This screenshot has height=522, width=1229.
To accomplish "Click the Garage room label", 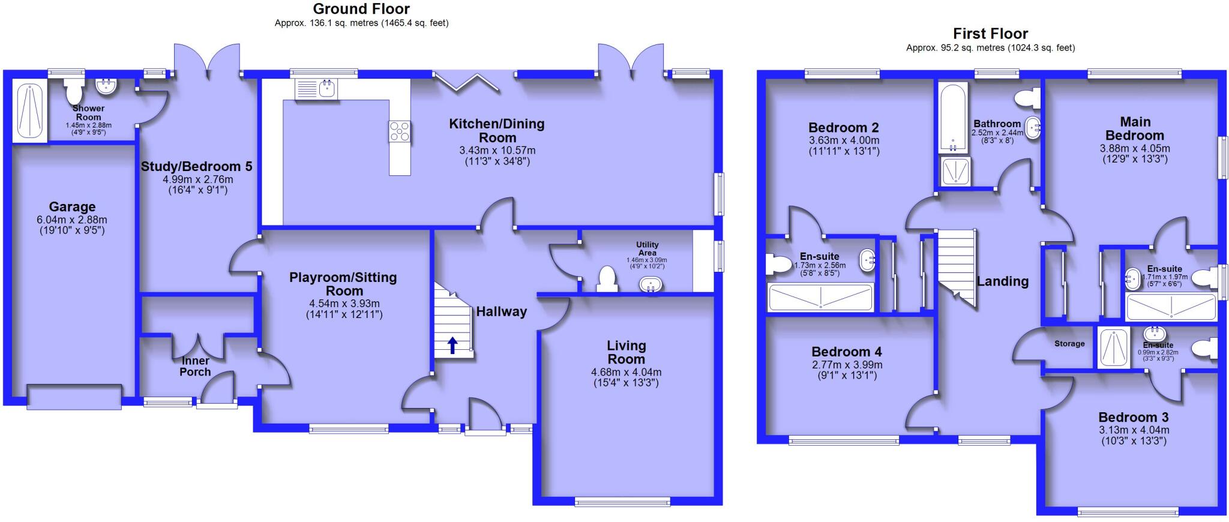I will [x=72, y=207].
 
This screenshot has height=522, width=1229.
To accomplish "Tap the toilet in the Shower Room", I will [x=74, y=91].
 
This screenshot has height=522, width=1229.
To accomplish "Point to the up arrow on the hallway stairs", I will [x=452, y=345].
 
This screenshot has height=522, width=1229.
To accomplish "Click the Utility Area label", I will [x=647, y=248].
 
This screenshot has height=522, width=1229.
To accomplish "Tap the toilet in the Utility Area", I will [x=607, y=280].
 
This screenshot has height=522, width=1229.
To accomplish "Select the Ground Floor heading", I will [x=361, y=9].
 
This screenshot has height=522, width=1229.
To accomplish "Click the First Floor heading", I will [x=990, y=34].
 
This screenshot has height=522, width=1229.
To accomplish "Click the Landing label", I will [x=1002, y=281].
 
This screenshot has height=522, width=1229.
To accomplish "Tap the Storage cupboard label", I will [x=1069, y=344].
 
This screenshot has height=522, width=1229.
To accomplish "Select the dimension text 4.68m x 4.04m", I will [x=626, y=372].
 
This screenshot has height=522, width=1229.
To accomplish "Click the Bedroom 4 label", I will [x=847, y=352].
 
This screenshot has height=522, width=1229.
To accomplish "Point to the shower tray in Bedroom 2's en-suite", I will [x=820, y=298].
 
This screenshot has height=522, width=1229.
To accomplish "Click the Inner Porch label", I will [x=196, y=366].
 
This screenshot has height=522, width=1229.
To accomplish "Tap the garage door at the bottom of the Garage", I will [x=74, y=398].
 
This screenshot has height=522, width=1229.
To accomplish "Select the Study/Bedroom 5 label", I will [x=196, y=167].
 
